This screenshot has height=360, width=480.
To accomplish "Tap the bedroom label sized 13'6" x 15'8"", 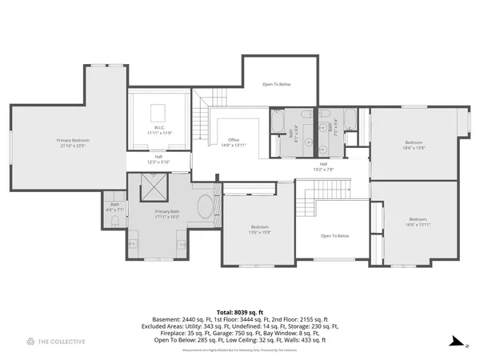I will click(x=258, y=229).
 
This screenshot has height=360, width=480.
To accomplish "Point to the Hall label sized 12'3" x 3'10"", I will click(x=158, y=158).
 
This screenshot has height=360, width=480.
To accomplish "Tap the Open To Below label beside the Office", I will click(x=277, y=84).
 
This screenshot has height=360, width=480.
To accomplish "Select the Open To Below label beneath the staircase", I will click(x=334, y=236).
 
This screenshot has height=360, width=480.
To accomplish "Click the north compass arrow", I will click(x=455, y=342).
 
